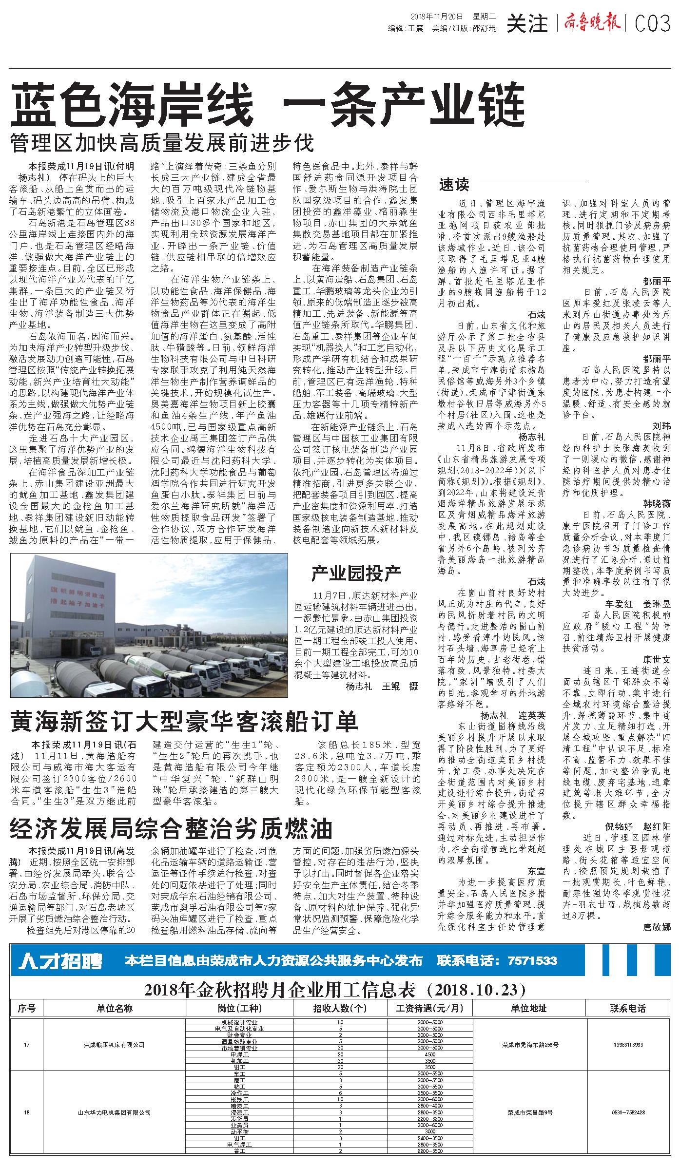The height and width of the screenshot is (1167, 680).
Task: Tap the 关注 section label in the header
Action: point(527,23)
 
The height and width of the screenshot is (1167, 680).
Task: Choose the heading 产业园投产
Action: point(356,574)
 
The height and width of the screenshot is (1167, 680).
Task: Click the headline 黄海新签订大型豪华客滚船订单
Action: point(185,722)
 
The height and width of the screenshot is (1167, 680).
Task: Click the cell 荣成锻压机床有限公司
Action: point(114,1044)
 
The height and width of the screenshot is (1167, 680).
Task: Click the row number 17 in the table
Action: point(27,1044)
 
